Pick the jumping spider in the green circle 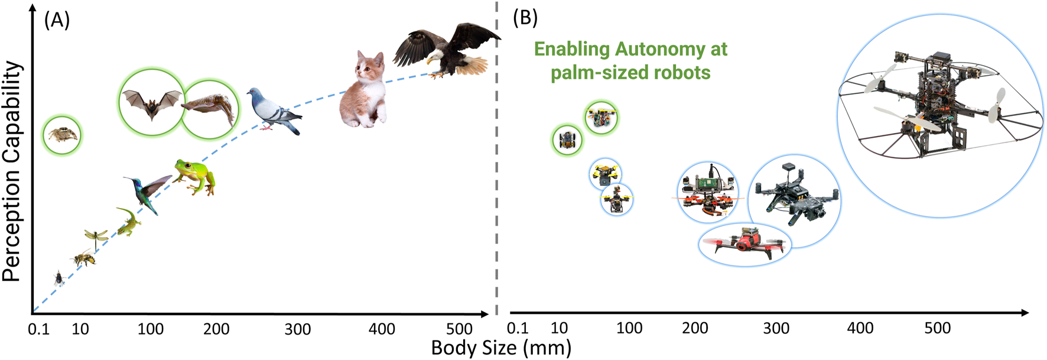(62, 135)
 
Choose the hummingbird (146, 193)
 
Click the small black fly (59, 278)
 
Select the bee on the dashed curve (83, 258)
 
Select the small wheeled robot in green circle (567, 140)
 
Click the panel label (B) (525, 18)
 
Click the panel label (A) (57, 20)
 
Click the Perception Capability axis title (12, 171)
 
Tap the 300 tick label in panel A (298, 329)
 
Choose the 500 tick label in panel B (937, 328)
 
